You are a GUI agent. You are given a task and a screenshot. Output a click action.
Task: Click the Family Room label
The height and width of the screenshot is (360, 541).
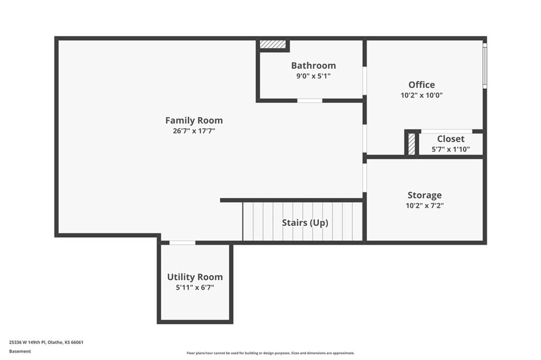(x=194, y=120)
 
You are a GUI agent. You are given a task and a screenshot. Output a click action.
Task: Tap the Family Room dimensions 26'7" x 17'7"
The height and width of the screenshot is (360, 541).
(x=194, y=131)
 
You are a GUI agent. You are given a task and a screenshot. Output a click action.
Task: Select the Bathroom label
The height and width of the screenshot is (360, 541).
(x=313, y=65)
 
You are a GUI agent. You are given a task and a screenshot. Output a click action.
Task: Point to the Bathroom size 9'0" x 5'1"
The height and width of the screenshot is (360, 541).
(x=313, y=76)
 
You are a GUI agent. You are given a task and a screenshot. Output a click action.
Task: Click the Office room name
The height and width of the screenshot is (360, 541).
(x=422, y=84)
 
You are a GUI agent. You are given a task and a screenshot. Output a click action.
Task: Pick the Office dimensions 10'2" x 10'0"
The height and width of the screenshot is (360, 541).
(x=422, y=95)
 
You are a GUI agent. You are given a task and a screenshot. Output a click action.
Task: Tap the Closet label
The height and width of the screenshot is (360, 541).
(x=451, y=139)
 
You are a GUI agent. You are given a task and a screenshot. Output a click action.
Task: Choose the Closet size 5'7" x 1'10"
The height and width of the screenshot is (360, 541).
(x=451, y=149)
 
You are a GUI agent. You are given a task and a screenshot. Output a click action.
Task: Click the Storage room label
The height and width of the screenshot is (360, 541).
(x=424, y=195)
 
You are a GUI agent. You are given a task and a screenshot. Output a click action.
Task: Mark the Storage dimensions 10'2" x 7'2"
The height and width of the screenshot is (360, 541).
(x=424, y=206)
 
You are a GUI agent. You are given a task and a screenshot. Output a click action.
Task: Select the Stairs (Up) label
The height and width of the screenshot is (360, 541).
(x=305, y=223)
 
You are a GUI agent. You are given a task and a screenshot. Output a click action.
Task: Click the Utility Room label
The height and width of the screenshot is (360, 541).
(x=195, y=277)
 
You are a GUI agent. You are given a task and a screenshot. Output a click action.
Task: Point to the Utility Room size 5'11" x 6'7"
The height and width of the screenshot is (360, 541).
(x=195, y=288)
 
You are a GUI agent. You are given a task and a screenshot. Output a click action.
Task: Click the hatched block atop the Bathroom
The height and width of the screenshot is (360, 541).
(x=273, y=44)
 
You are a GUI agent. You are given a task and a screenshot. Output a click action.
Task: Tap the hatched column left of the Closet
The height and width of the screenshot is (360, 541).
(x=412, y=144)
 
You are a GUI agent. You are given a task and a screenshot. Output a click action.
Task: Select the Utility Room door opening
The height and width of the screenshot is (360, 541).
(x=182, y=243)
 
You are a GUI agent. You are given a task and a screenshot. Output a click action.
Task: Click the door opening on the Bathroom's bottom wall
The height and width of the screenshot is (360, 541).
(x=310, y=101)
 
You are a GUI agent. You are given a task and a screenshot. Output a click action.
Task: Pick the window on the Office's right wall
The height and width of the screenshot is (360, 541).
(x=485, y=65)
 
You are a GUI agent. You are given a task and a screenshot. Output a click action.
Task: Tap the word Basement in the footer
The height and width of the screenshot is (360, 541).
(x=20, y=352)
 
